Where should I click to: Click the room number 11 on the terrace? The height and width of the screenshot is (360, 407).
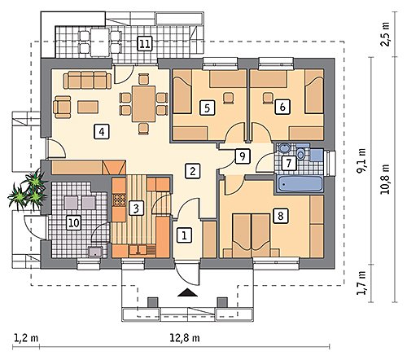click(144, 43)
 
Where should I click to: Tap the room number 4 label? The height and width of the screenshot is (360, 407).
click(102, 132)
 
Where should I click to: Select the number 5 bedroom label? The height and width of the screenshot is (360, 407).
click(207, 108)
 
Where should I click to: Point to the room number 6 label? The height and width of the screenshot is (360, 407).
click(282, 107)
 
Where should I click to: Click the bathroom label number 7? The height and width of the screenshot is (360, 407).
click(288, 163)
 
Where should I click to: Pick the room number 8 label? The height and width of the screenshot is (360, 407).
click(281, 216)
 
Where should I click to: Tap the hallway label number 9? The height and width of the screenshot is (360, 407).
click(243, 156)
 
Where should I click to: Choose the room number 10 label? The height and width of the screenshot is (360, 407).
click(74, 222)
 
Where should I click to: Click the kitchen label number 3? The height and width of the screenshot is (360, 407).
click(136, 209)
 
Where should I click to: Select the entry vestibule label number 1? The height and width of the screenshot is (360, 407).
click(184, 235)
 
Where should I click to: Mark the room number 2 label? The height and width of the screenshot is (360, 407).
click(192, 171)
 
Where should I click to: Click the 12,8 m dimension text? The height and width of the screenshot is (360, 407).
click(185, 338)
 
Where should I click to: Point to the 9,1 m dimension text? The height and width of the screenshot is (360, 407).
click(361, 160)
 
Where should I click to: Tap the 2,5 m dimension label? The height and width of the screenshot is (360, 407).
click(385, 34)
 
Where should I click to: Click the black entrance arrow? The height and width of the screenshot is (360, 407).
click(188, 292)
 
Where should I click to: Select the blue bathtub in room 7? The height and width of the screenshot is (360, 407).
click(300, 184)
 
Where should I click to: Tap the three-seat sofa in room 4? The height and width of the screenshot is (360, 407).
click(87, 80)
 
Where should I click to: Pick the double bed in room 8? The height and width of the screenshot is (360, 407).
click(251, 235)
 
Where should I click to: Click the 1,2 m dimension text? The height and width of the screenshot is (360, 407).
click(26, 338)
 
